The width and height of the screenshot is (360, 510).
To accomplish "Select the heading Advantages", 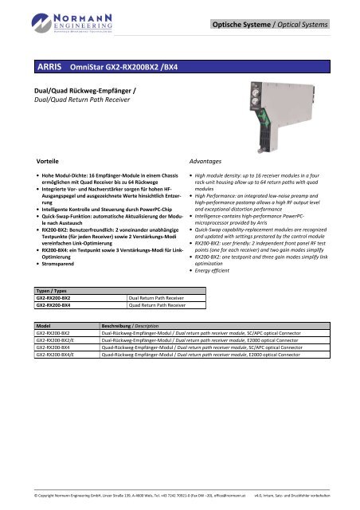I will point(202,159).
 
